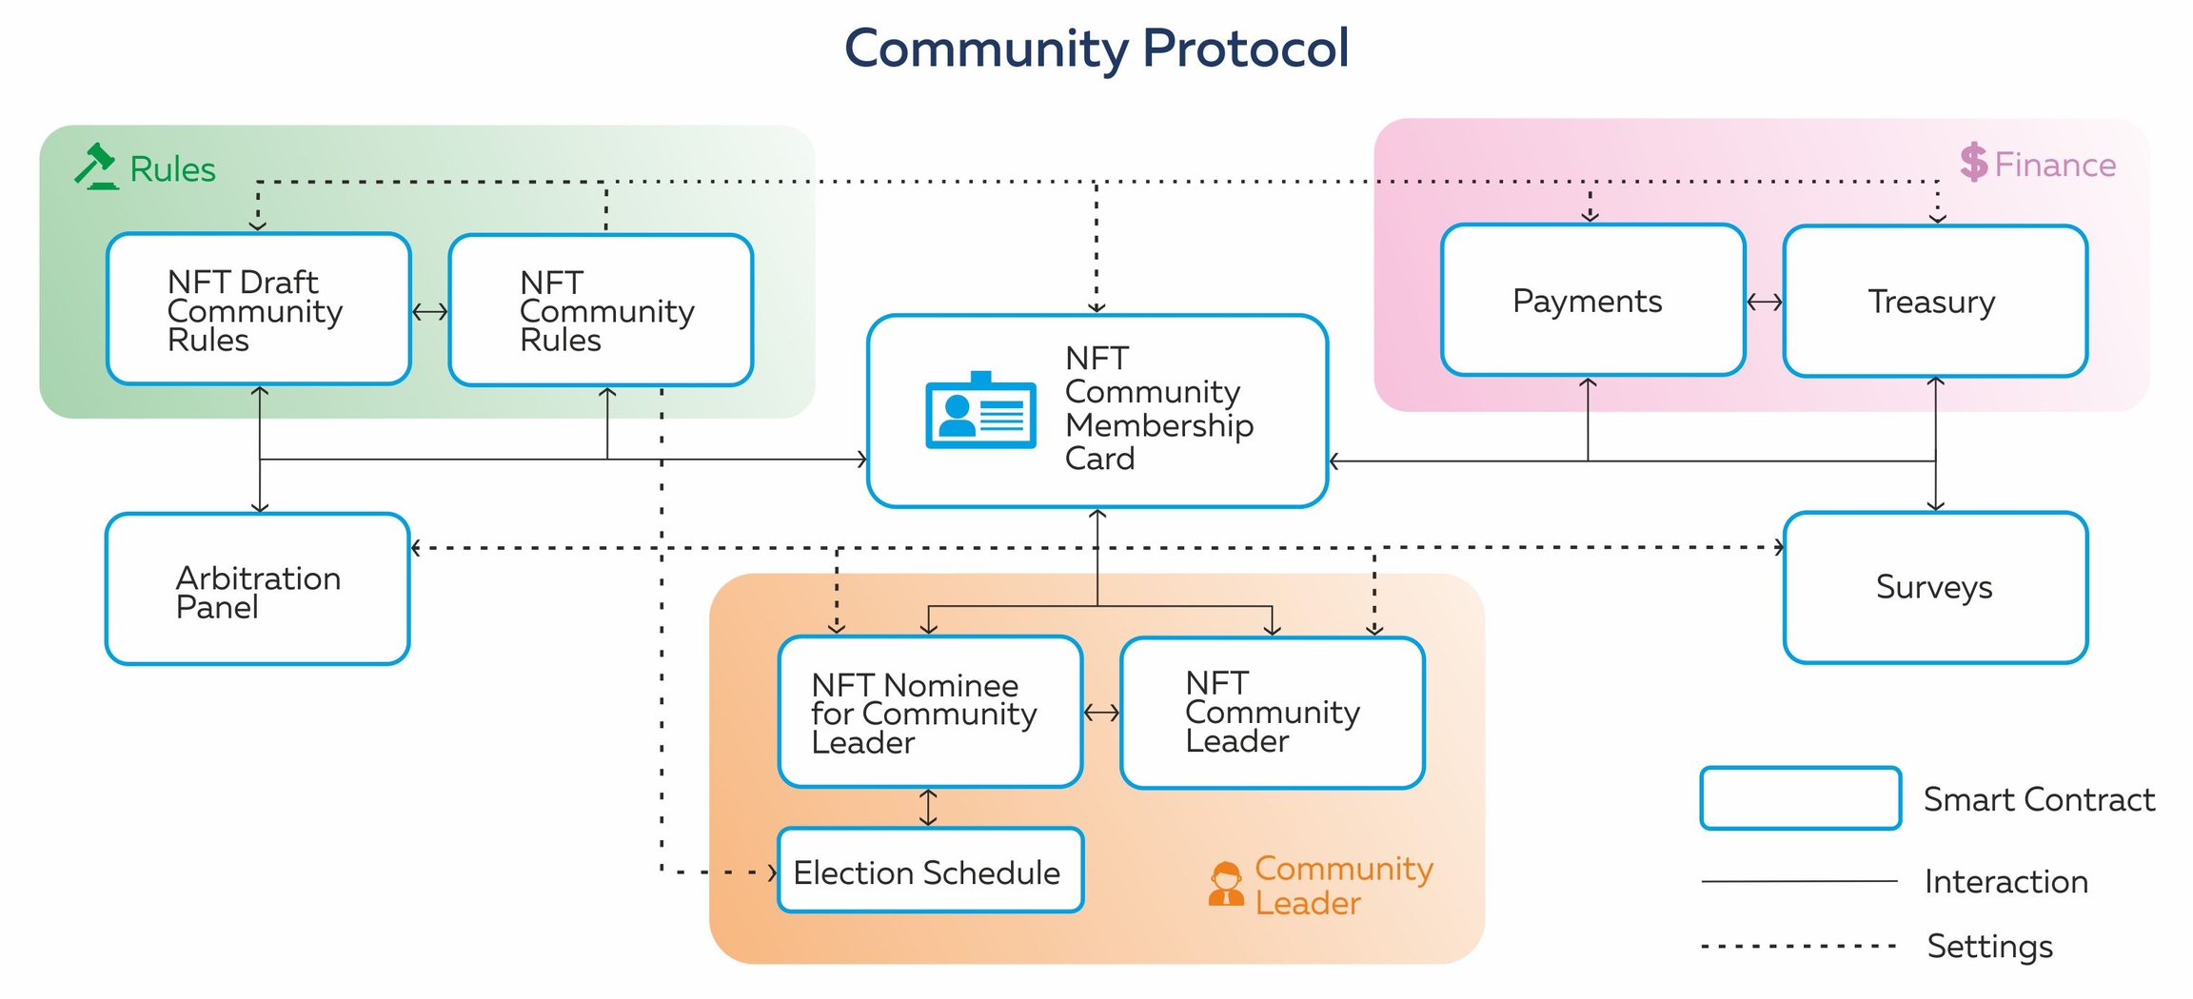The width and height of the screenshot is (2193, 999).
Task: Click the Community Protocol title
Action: (1096, 48)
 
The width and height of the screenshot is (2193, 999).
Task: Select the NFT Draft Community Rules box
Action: (259, 309)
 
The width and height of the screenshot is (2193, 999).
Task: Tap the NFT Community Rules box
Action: (601, 310)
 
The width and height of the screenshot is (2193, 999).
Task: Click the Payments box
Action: (1592, 301)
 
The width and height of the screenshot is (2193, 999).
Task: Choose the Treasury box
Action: (1934, 302)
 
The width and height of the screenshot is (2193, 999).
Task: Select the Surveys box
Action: (1934, 587)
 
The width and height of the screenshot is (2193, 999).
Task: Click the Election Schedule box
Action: (930, 871)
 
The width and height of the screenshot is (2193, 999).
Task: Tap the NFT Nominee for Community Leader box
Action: (930, 712)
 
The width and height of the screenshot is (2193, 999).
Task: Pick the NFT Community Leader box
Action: (1272, 713)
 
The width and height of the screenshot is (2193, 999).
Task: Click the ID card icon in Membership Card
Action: (980, 411)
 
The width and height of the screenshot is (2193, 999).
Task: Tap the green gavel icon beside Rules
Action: (97, 167)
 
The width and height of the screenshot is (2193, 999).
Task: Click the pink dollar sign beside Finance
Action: (1973, 163)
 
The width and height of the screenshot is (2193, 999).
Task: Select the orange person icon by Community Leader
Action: (1226, 884)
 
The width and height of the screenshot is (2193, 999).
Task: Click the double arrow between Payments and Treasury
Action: (1765, 303)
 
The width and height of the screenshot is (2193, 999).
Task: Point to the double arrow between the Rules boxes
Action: (430, 312)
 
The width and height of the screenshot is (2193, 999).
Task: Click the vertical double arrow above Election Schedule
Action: (929, 807)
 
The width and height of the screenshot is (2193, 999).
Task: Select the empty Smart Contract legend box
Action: (1800, 798)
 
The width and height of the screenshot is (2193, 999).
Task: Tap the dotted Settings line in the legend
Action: (1799, 947)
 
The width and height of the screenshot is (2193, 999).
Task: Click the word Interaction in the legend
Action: (2005, 882)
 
